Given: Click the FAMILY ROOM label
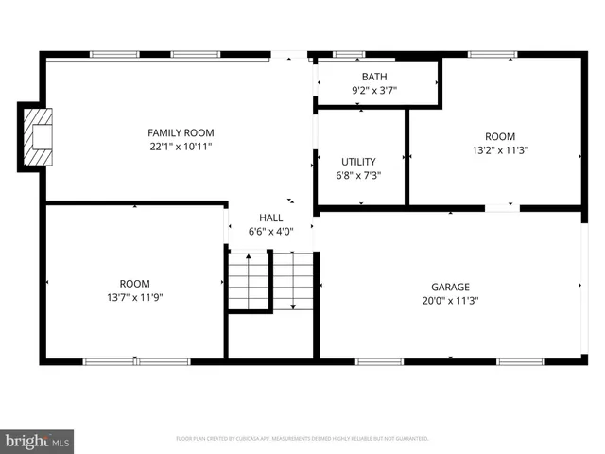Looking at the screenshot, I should (181, 132).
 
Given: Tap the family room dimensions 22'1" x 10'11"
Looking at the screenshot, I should (181, 147).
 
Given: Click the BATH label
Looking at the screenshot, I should (374, 77).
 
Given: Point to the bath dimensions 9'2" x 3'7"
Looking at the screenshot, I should (374, 91).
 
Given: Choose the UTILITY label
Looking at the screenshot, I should (358, 162).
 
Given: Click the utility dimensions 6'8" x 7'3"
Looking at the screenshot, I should (358, 175).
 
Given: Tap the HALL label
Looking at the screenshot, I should (271, 218).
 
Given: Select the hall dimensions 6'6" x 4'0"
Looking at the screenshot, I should (271, 231).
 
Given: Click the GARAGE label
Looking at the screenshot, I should (451, 287).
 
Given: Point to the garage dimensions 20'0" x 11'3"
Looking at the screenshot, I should (451, 301).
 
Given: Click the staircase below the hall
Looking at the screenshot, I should (271, 282).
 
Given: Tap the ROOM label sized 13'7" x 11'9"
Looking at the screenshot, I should (134, 283).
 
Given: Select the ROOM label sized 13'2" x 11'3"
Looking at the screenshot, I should (501, 136).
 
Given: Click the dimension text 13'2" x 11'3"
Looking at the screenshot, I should (501, 149).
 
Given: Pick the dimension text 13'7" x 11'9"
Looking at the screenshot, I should (134, 297).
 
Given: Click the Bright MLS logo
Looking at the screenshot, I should (37, 440).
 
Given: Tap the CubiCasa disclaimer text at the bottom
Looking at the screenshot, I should (302, 439).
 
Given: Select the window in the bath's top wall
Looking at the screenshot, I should (349, 54).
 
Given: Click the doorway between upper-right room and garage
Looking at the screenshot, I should (502, 207).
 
